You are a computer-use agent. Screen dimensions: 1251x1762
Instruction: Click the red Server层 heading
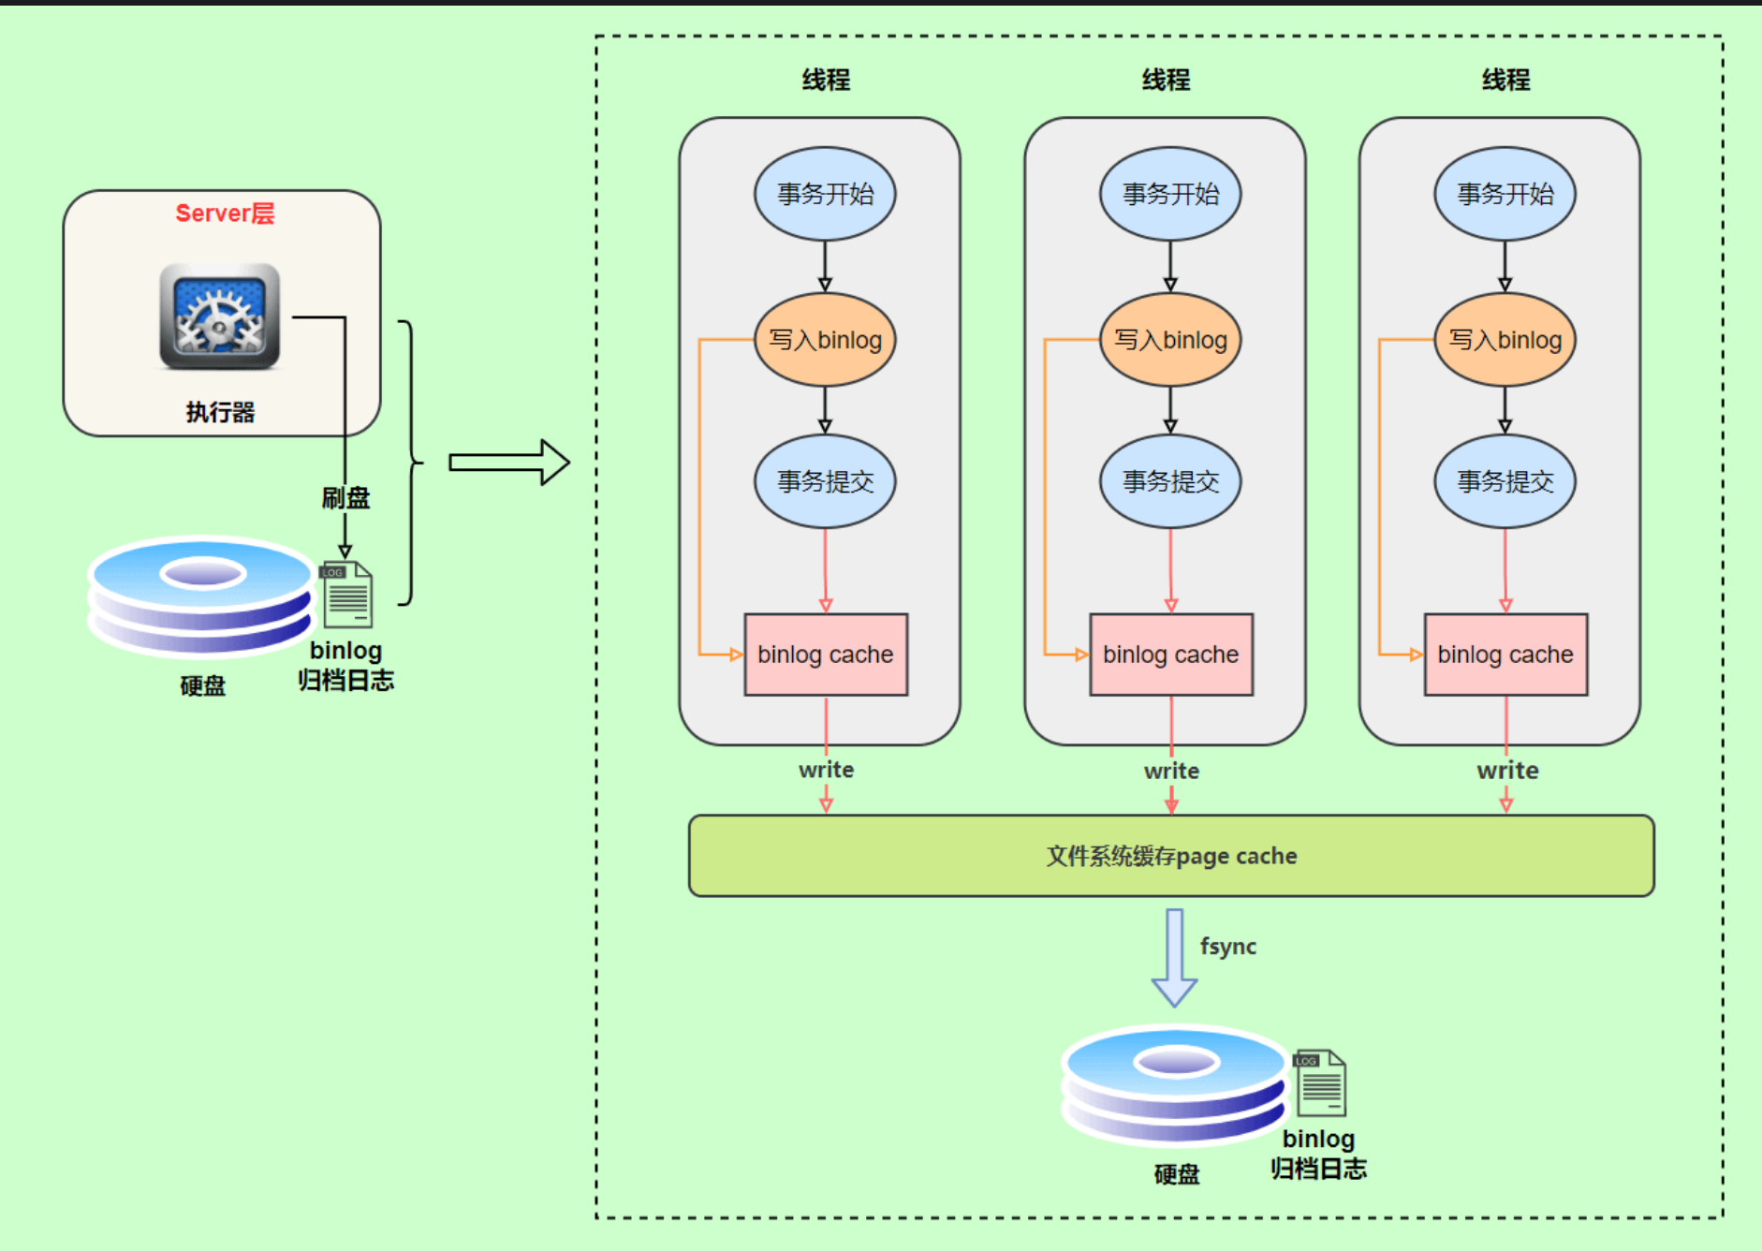[x=225, y=213]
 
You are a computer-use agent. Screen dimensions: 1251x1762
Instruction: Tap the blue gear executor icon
[x=219, y=316]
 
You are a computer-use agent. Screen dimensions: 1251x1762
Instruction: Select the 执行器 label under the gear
[x=220, y=412]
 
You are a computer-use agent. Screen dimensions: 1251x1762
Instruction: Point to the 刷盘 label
[x=345, y=498]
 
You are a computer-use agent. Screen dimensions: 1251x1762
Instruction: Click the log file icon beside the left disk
[x=347, y=595]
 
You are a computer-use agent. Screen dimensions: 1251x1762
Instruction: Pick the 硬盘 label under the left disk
[x=202, y=685]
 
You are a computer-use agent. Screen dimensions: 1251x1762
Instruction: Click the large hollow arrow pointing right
[x=508, y=463]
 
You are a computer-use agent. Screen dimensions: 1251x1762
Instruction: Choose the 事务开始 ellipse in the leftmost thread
[x=825, y=194]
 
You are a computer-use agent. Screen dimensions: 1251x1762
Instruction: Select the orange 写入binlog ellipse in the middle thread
[x=1170, y=340]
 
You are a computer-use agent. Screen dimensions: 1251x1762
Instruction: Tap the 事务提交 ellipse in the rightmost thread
[x=1505, y=481]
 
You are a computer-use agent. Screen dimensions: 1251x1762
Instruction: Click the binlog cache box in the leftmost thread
[x=825, y=655]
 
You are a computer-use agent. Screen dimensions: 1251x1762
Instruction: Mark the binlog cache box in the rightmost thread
[x=1505, y=655]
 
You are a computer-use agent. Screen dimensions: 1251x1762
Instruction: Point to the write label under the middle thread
[x=1171, y=771]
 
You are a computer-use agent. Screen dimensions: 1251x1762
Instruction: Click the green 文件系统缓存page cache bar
[x=1171, y=856]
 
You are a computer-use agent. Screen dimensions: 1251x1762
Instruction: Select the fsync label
[x=1227, y=946]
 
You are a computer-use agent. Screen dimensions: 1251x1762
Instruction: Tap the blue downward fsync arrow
[x=1174, y=957]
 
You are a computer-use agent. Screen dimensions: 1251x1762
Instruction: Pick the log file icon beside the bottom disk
[x=1320, y=1083]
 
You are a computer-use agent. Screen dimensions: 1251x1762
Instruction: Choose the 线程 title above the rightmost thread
[x=1505, y=80]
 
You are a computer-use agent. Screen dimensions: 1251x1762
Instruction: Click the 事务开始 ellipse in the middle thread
[x=1170, y=194]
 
